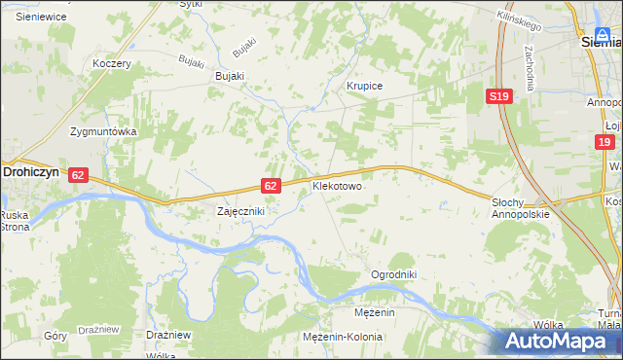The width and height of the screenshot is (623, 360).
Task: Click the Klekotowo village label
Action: pyautogui.click(x=337, y=184)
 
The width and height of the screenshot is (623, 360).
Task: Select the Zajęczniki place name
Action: pyautogui.click(x=239, y=210)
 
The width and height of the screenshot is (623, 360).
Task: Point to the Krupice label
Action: pyautogui.click(x=365, y=86)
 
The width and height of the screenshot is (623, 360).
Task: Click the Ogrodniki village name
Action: pyautogui.click(x=393, y=274)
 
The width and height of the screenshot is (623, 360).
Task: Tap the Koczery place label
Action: pyautogui.click(x=111, y=63)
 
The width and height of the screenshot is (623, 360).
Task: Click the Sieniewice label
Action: pyautogui.click(x=40, y=17)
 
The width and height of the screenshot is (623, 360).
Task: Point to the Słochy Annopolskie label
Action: pyautogui.click(x=520, y=207)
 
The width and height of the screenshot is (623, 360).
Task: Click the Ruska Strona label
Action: pyautogui.click(x=15, y=220)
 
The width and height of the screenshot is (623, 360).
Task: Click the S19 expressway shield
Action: pyautogui.click(x=499, y=95)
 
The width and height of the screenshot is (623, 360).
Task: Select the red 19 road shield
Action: pyautogui.click(x=605, y=142)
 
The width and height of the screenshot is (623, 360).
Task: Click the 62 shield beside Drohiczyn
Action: pyautogui.click(x=79, y=174)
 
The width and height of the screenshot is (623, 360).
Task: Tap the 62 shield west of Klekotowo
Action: pyautogui.click(x=272, y=185)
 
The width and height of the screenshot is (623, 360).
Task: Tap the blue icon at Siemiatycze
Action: pyautogui.click(x=605, y=35)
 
